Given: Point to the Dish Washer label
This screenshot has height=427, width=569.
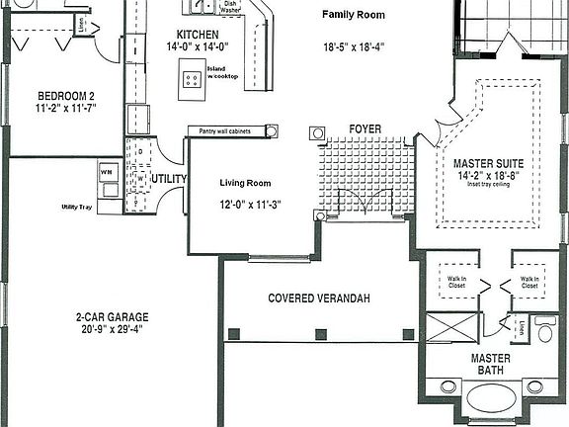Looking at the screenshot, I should coord(229,7).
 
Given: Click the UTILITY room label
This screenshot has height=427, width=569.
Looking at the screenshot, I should coord(169,179).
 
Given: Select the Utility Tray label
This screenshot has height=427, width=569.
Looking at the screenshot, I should coord(76,208).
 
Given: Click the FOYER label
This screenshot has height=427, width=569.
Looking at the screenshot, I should coord(365,129).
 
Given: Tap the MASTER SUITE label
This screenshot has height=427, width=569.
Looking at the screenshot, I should coord(489,163).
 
